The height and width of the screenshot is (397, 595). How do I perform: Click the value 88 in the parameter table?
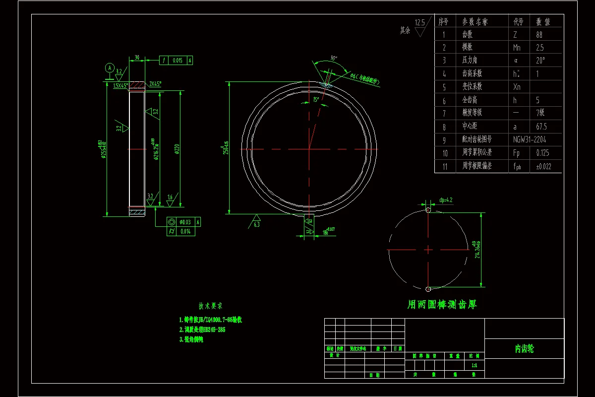[x=539, y=35]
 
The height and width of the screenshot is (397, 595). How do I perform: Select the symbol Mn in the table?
[x=517, y=48]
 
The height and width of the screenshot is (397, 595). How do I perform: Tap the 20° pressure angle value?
[x=540, y=61]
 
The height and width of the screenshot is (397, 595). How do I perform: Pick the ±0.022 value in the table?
[x=543, y=166]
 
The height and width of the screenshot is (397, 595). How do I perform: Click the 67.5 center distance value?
[x=541, y=127]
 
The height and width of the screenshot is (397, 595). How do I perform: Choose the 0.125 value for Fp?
[x=542, y=153]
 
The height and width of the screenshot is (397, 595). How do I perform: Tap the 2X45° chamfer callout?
[x=155, y=84]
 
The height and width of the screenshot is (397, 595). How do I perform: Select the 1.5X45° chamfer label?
[x=120, y=85]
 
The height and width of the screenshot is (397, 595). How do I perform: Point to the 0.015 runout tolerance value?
[x=177, y=61]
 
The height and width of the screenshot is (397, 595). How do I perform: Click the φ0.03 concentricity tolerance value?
[x=185, y=222]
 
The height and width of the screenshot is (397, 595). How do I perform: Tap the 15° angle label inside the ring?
[x=315, y=99]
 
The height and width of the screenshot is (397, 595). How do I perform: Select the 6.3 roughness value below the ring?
[x=257, y=224]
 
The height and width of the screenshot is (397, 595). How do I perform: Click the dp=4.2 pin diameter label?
[x=446, y=200]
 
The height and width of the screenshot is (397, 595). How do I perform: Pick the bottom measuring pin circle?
[x=427, y=289]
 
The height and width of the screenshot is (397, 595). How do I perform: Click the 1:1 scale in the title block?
[x=474, y=365]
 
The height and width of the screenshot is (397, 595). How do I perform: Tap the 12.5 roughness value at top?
[x=420, y=22]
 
